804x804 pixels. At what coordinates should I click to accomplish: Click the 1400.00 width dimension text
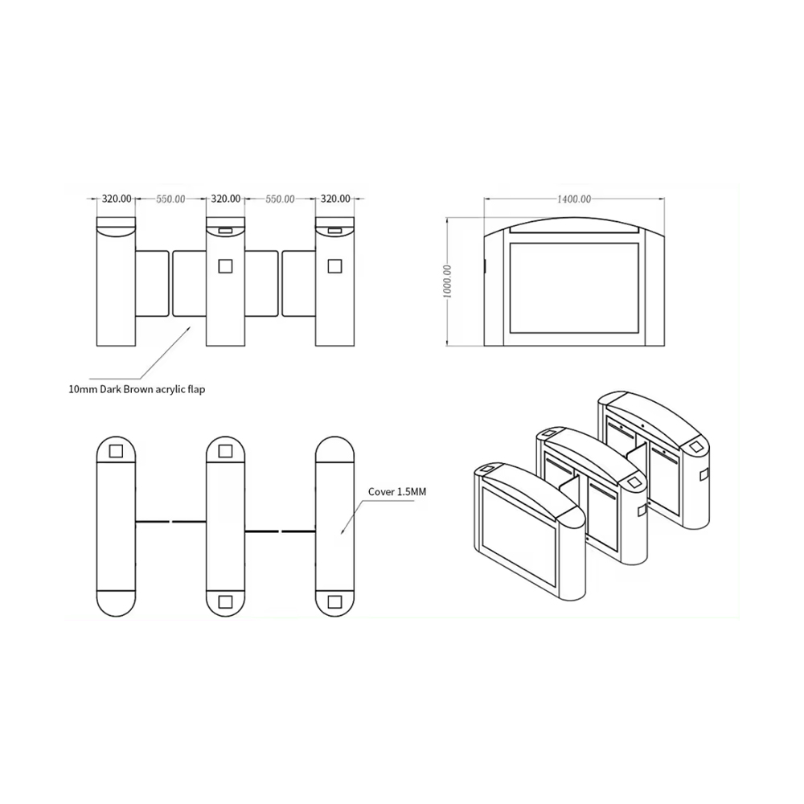pos(574,199)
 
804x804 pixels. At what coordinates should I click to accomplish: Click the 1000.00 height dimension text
pos(447,281)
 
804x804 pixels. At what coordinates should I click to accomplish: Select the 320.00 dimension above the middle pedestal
pos(226,199)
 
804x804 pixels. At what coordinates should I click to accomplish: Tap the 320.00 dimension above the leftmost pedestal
pos(117,199)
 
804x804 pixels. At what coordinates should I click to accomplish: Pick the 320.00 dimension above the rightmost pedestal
pos(335,199)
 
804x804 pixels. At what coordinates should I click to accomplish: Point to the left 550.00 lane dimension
pos(170,199)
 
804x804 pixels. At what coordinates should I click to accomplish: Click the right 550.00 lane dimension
pos(280,199)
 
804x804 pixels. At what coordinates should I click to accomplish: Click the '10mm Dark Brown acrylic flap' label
pos(137,389)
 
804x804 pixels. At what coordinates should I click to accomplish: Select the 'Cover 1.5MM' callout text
pos(397,492)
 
